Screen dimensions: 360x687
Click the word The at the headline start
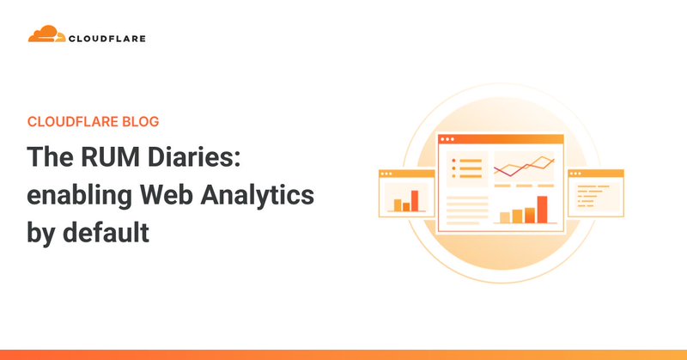[x=50, y=158]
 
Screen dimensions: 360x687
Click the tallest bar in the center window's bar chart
[x=542, y=209]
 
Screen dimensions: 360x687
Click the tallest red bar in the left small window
[x=414, y=200]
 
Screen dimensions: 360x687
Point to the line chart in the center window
[x=522, y=165]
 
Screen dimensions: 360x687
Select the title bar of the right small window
[x=595, y=173]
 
